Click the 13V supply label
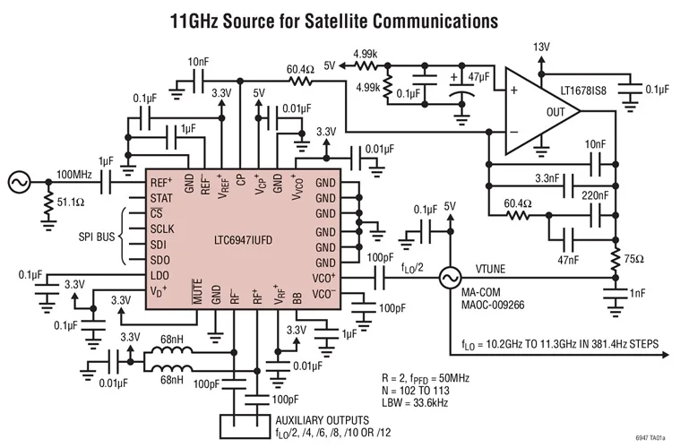(541, 47)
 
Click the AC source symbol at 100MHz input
(19, 183)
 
